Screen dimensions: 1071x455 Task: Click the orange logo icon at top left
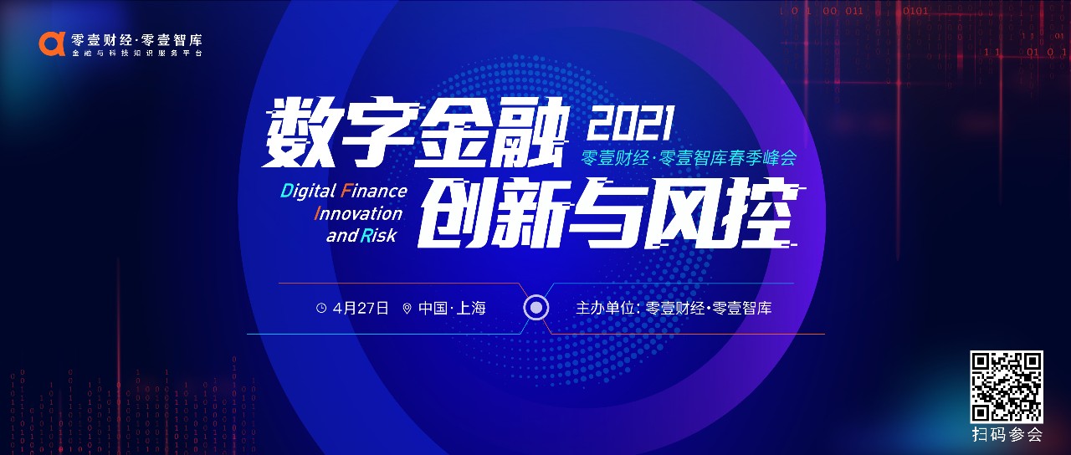click(x=52, y=44)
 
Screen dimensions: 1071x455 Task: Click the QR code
click(x=1007, y=386)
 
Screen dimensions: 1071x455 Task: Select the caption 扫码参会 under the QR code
click(x=1007, y=435)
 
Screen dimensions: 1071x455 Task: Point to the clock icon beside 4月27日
click(x=321, y=309)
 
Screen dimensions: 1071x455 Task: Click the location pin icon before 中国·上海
click(x=407, y=309)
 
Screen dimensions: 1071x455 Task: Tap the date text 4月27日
click(x=361, y=308)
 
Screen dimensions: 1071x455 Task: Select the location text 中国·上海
click(x=452, y=308)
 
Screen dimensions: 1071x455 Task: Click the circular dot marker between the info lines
click(x=536, y=307)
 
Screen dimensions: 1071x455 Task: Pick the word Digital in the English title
click(x=308, y=192)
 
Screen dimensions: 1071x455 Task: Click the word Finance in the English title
click(x=373, y=192)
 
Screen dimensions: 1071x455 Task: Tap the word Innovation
click(x=358, y=213)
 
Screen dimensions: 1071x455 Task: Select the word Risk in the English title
click(x=379, y=235)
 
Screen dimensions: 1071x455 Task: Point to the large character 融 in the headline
click(x=530, y=135)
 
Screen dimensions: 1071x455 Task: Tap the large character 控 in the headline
click(x=760, y=214)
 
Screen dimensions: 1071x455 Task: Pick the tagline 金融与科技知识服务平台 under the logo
click(x=137, y=53)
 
